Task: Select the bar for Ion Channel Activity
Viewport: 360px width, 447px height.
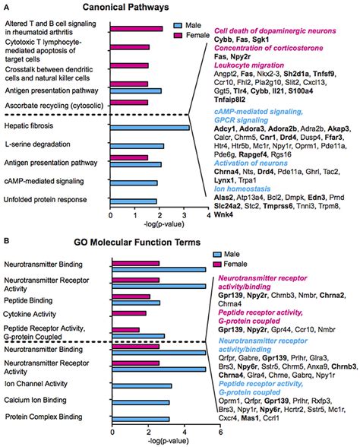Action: pyautogui.click(x=141, y=385)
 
